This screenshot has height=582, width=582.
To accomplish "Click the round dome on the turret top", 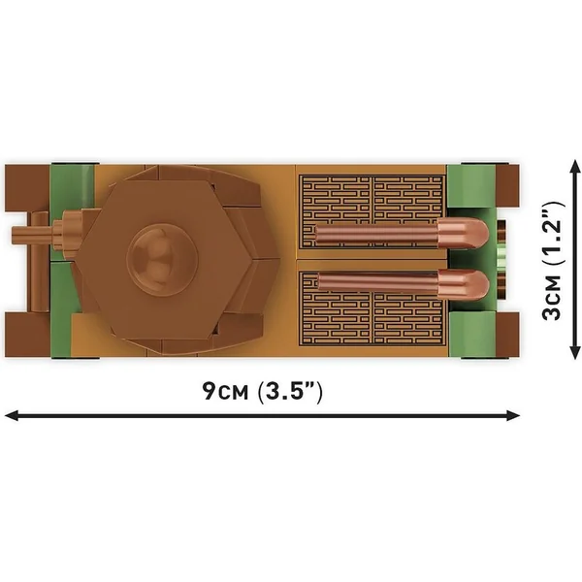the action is point(162,259).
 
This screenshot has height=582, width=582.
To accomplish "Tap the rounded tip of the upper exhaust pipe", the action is point(464,235).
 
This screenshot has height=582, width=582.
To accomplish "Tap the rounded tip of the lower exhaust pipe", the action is point(464,285).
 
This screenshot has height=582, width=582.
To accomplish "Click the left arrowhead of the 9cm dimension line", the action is point(12,416).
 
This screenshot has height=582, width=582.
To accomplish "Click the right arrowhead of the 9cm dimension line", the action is point(512,416).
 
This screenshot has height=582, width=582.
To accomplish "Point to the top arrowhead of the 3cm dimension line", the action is point(575,168).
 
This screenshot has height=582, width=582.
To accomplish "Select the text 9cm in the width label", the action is point(225,391).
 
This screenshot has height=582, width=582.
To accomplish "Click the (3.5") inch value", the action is point(290,391).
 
